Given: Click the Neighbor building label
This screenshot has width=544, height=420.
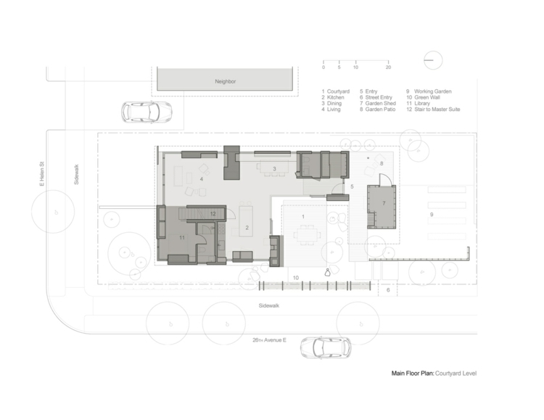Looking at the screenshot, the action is (x=225, y=81).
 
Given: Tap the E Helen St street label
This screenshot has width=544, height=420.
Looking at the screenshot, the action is (x=42, y=173).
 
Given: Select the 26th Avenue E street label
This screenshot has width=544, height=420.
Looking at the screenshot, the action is (x=269, y=340).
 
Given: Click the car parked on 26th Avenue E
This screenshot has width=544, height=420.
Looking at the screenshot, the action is (x=326, y=347).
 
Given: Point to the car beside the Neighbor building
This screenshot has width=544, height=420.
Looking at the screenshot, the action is (x=147, y=112).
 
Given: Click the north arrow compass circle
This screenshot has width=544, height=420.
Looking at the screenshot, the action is (x=433, y=60).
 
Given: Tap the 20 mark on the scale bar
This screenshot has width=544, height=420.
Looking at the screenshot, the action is (x=388, y=67).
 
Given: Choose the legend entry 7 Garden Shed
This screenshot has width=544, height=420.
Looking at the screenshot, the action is (x=377, y=104).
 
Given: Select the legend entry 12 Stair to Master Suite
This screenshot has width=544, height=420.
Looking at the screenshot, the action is (x=433, y=110).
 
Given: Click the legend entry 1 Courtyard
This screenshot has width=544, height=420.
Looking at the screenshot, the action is (x=335, y=91).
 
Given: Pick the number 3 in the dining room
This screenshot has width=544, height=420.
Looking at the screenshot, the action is (x=274, y=169).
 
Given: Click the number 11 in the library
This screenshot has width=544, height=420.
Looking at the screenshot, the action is (x=182, y=238).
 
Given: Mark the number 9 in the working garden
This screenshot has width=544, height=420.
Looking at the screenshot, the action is (x=432, y=215).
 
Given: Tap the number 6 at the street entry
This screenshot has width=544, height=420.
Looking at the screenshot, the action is (x=388, y=290).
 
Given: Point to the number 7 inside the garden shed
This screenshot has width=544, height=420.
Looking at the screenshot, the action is (x=384, y=203).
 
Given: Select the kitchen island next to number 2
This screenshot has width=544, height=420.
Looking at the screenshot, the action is (x=246, y=221).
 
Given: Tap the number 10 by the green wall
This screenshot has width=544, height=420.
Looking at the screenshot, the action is (x=296, y=278).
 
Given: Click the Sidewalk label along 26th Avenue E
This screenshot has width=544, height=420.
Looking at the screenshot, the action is (x=269, y=306).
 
